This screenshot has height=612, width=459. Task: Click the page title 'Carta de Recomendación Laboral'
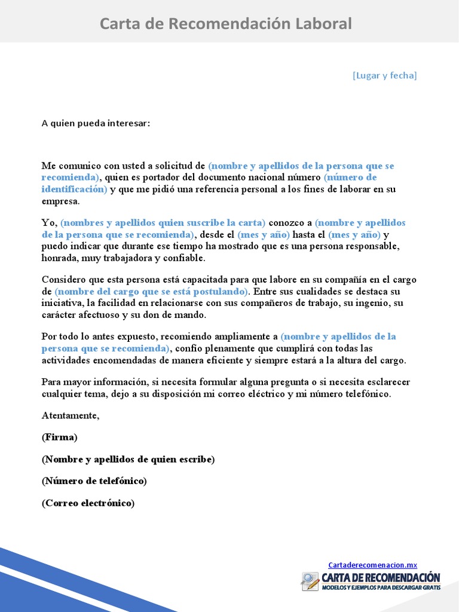point(225,24)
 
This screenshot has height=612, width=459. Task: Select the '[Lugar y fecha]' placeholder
point(384,75)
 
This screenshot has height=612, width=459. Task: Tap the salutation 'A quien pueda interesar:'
point(96,123)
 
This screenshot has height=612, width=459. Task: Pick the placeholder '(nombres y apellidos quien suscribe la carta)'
point(163,222)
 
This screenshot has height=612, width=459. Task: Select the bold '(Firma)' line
point(60,437)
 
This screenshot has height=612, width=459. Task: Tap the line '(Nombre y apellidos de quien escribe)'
point(128,459)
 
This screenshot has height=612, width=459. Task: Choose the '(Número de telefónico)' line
point(94,481)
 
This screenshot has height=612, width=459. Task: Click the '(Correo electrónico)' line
point(88,503)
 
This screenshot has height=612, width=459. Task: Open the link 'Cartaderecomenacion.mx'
point(372,565)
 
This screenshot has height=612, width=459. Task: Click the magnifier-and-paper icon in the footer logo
point(310,582)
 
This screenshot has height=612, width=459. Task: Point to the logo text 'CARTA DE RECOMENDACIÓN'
point(381,577)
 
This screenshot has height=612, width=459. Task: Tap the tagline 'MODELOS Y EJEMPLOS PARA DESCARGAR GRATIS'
point(381,588)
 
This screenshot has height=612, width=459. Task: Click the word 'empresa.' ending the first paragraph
point(60,201)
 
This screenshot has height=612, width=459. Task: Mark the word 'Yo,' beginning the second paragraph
point(49,222)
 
